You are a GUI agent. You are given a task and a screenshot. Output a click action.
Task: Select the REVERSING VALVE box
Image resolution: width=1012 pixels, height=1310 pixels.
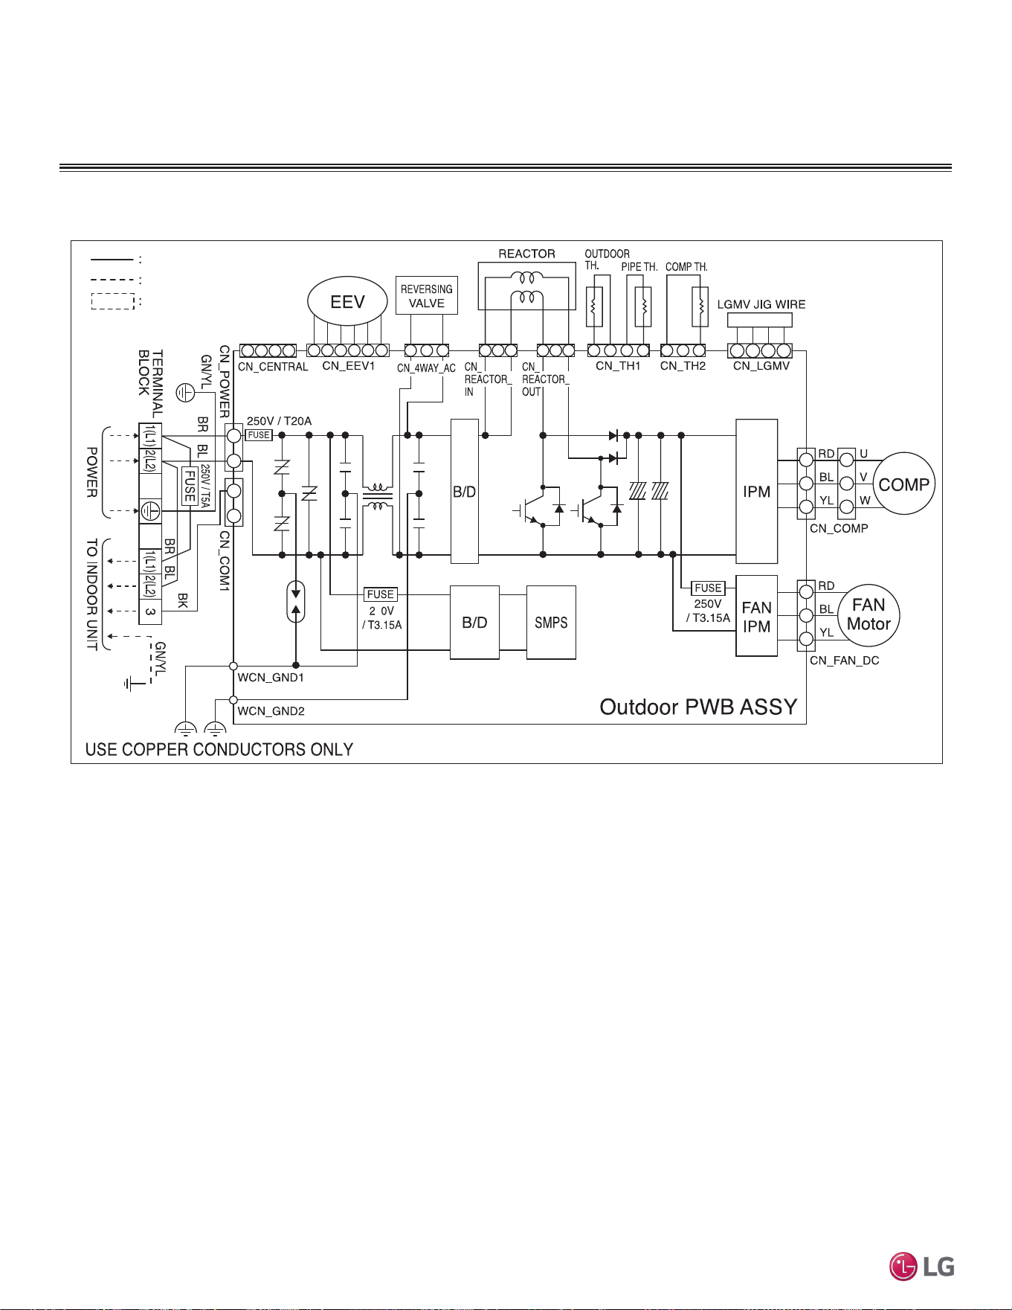point(427,295)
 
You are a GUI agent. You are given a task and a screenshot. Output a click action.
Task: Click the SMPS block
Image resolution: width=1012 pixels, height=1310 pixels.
point(551,623)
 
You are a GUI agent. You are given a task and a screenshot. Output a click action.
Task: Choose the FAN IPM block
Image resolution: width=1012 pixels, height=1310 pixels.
point(756,616)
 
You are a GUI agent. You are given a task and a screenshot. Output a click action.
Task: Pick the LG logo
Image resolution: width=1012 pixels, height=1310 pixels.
point(922,1266)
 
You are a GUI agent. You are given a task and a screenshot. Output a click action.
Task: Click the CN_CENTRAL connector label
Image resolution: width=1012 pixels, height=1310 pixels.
point(273,367)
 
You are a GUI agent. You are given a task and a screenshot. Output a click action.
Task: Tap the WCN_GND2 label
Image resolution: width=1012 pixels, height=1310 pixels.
point(271,711)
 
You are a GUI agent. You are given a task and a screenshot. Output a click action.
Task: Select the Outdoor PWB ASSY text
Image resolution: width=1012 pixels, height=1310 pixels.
point(698,707)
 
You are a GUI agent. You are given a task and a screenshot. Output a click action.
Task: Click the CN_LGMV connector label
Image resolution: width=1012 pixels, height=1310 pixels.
point(761,366)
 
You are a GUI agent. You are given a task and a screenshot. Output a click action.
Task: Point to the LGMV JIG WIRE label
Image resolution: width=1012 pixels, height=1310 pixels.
point(761,304)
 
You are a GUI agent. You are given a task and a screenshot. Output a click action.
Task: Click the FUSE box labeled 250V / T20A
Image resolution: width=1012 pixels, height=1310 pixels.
point(259,435)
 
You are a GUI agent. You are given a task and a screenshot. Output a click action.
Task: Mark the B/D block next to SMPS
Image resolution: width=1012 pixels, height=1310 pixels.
point(474,623)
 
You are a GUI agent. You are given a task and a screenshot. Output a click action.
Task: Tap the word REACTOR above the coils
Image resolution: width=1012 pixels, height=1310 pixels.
point(526,254)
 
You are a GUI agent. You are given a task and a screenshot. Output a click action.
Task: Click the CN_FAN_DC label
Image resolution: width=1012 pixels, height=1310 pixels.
point(845,661)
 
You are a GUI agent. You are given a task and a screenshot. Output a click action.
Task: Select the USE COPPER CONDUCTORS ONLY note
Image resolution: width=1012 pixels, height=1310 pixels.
point(219,749)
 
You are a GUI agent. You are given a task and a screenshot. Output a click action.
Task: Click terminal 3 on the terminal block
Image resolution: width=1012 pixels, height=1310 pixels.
point(150,611)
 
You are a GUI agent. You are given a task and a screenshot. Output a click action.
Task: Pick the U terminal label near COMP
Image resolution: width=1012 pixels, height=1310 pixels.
point(863,454)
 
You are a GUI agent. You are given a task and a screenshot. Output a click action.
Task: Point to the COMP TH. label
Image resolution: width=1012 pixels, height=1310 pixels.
point(686,266)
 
